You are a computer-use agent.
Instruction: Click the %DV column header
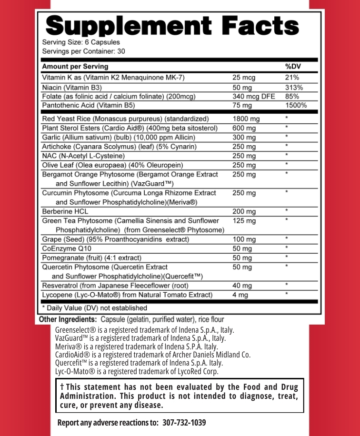tap(291, 67)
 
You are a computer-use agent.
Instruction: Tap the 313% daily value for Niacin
tap(294, 88)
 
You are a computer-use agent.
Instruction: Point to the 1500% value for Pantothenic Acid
tap(296, 106)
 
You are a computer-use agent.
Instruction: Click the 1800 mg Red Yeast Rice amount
tap(246, 119)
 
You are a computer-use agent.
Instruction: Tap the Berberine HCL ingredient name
tap(65, 210)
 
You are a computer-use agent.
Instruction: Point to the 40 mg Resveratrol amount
tap(242, 286)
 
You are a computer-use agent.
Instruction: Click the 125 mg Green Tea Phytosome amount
tap(244, 221)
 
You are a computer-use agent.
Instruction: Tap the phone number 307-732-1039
tap(184, 423)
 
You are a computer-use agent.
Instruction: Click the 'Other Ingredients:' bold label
tap(68, 319)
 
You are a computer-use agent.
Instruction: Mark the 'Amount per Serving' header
tap(75, 67)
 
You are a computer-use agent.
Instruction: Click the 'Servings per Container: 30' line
tap(83, 51)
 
